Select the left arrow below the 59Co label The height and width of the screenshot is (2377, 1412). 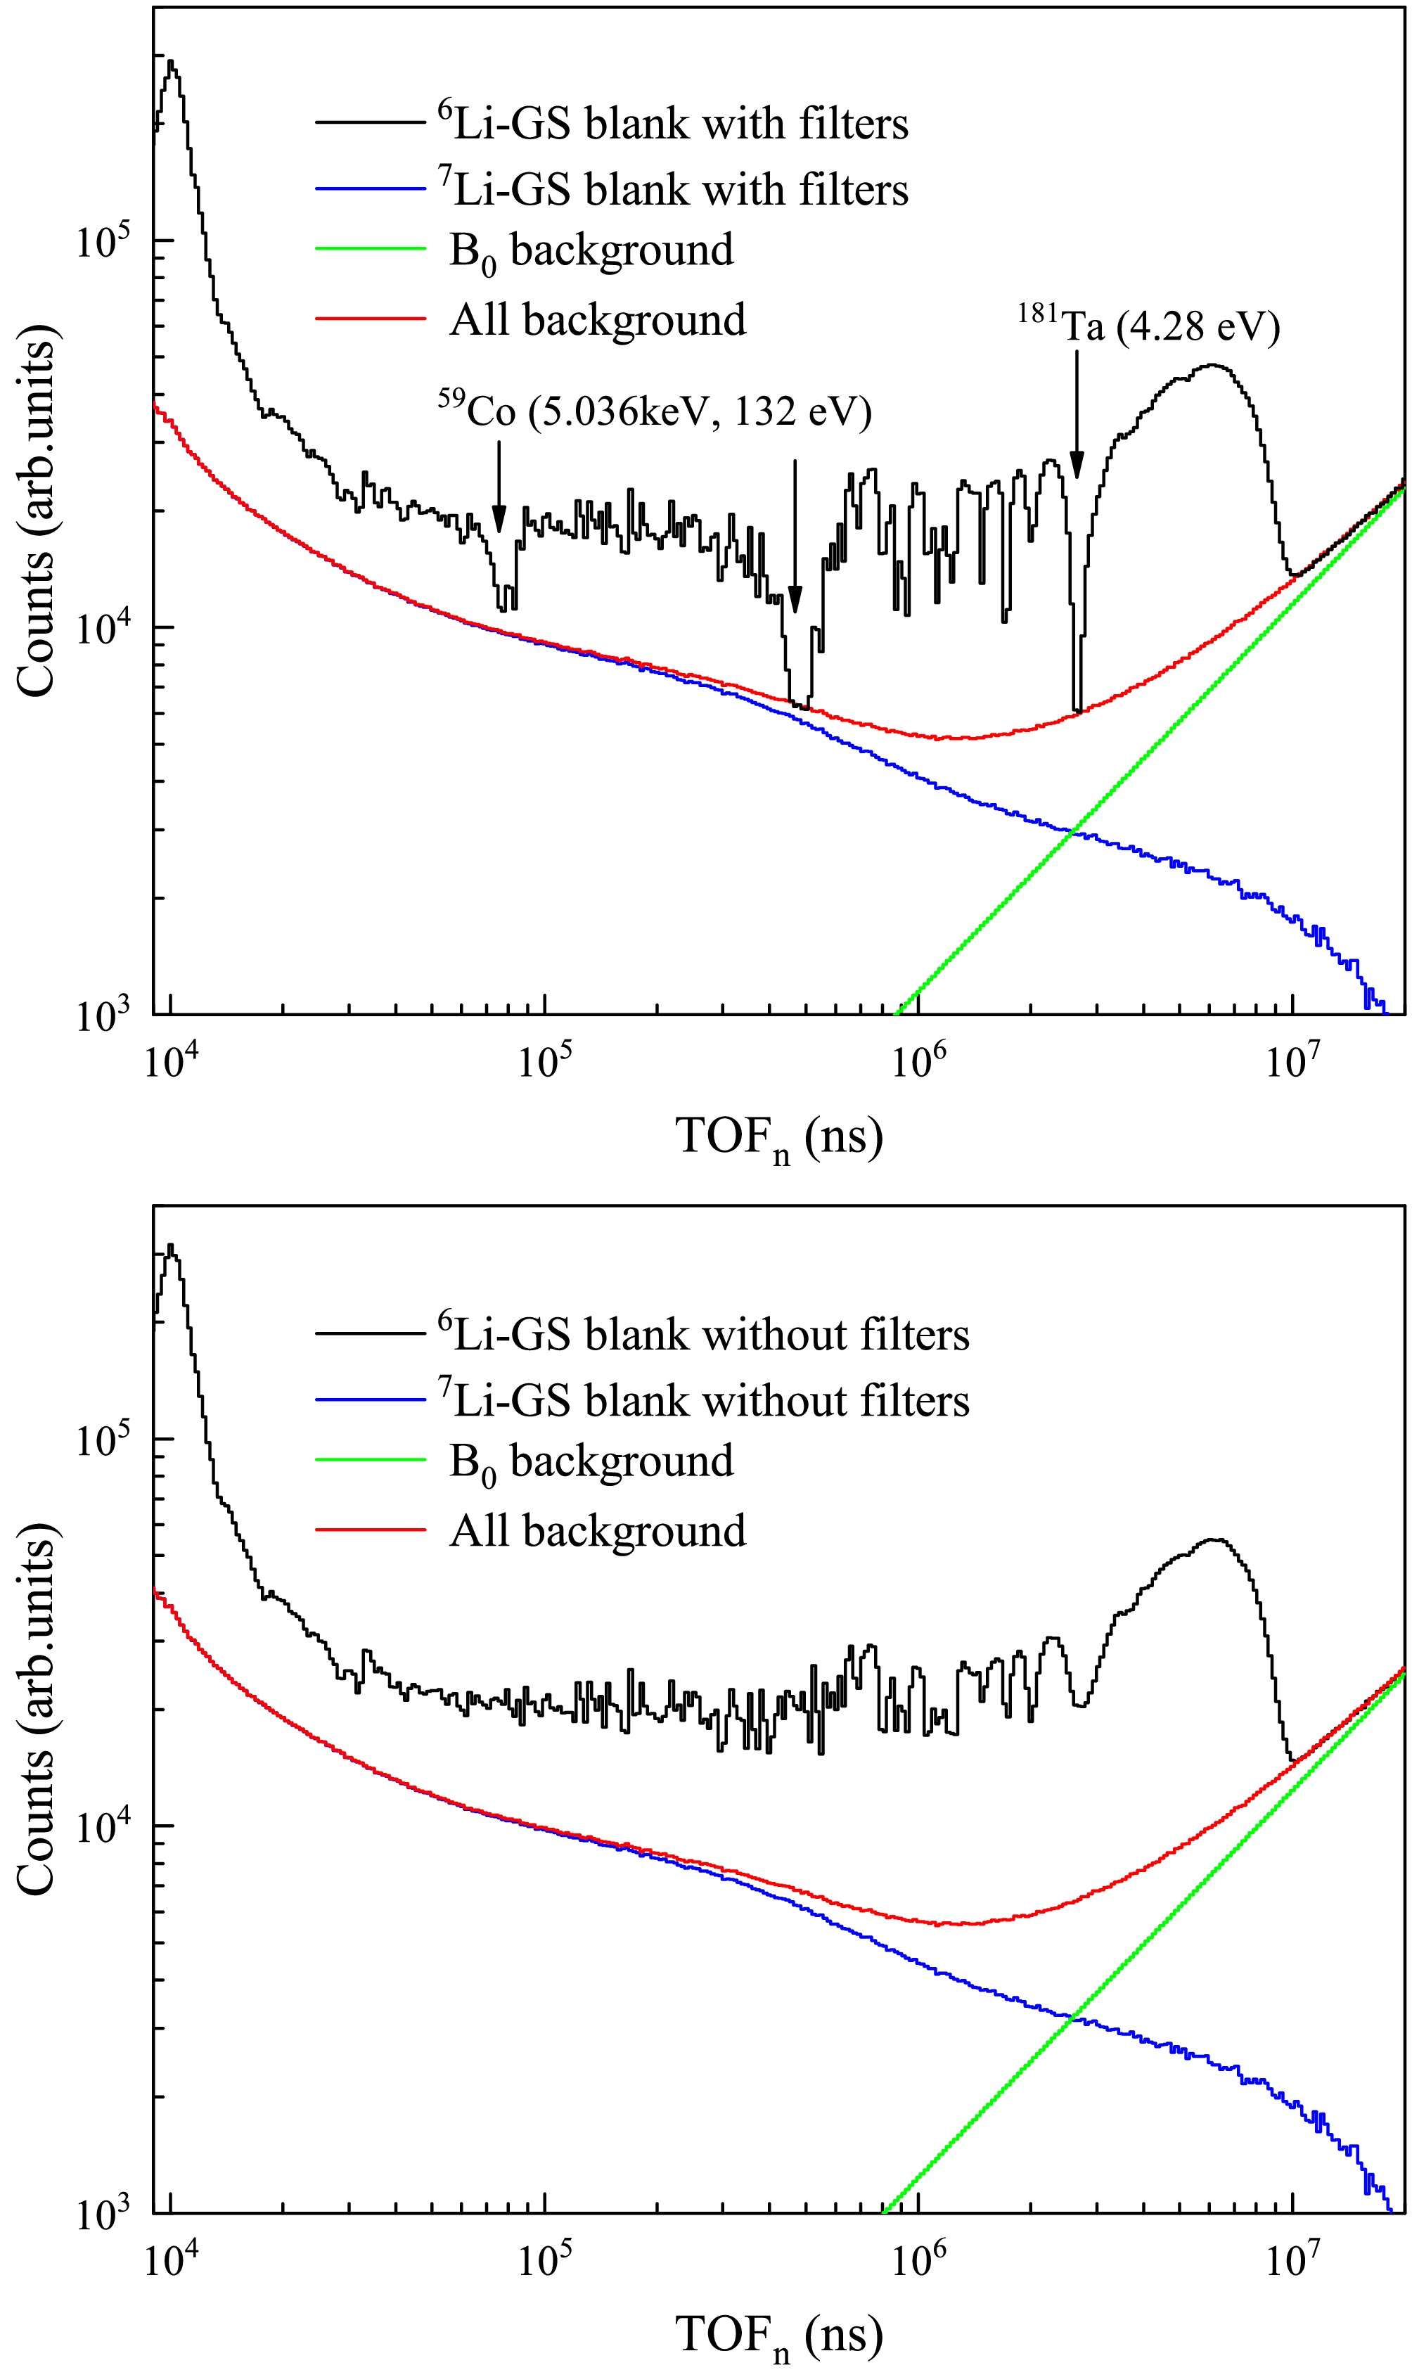(499, 486)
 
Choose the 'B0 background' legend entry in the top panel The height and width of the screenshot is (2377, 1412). (590, 251)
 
